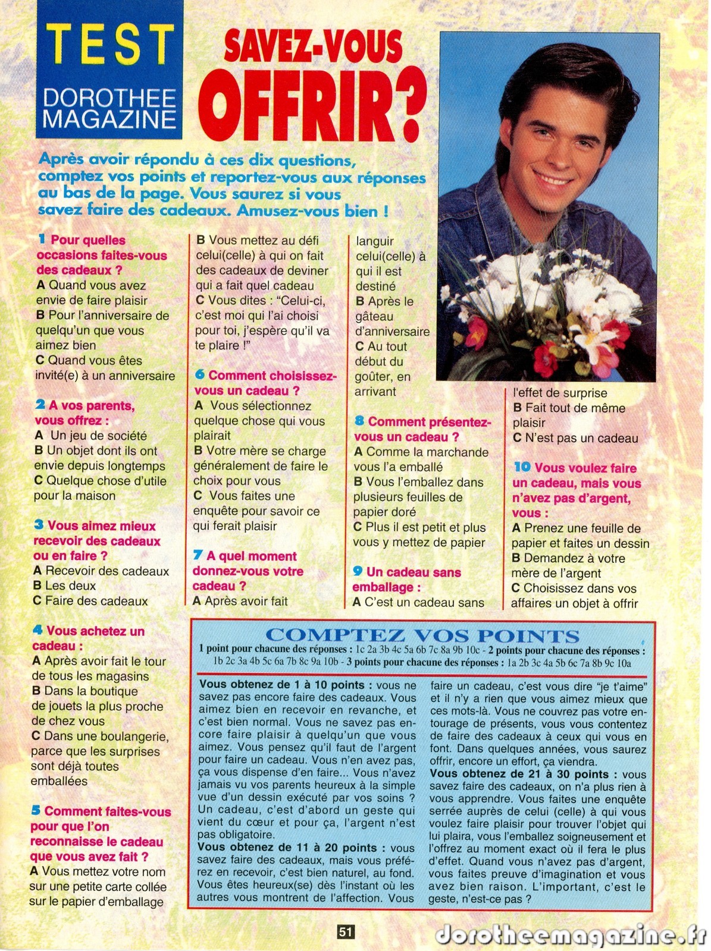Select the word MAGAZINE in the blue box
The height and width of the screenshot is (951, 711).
tap(109, 119)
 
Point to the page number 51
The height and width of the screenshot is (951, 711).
tap(346, 932)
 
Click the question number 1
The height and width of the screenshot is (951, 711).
tap(42, 240)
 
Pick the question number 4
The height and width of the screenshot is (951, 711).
tap(38, 630)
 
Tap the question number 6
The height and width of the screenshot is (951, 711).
tap(200, 374)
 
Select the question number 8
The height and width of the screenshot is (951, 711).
tap(359, 421)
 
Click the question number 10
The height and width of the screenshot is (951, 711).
tap(522, 467)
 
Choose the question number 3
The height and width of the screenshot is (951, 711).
tap(39, 525)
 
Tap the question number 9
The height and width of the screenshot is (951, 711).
tap(358, 571)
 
